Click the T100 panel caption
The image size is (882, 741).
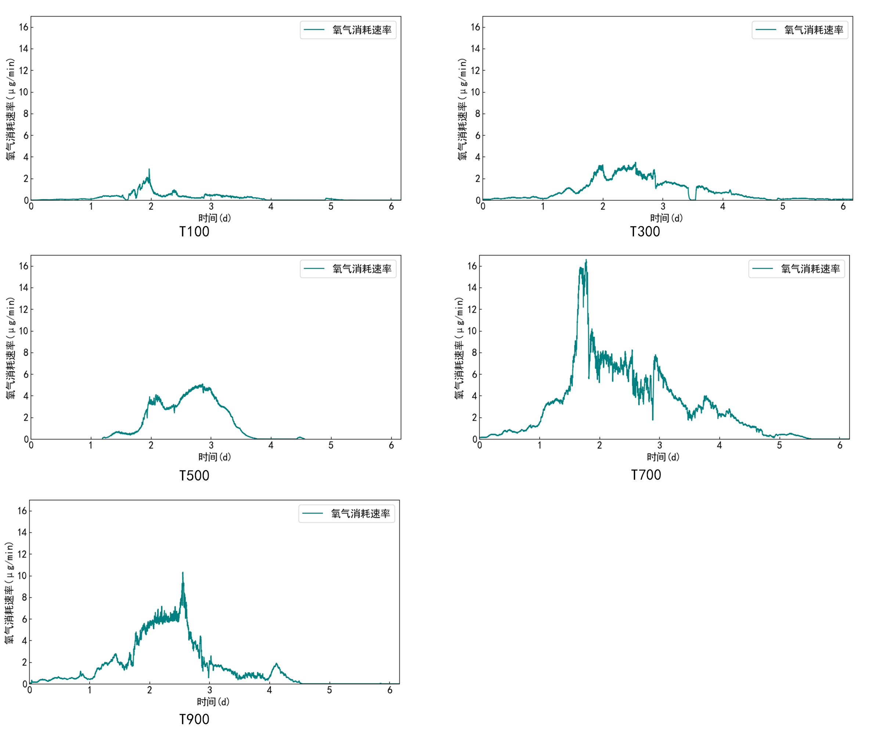click(x=194, y=232)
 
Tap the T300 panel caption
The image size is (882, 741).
click(x=645, y=232)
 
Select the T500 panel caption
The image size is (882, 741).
click(x=194, y=475)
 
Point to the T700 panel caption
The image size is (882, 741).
click(x=646, y=475)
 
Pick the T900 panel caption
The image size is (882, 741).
click(x=194, y=719)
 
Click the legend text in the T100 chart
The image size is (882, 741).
click(x=361, y=30)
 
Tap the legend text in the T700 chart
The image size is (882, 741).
click(x=810, y=269)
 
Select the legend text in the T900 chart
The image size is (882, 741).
click(x=360, y=513)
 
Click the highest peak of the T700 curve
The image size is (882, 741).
click(x=586, y=261)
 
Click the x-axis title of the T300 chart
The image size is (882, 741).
click(x=666, y=218)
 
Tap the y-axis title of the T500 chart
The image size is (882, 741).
click(x=10, y=348)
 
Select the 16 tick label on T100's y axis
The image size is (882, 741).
click(x=24, y=27)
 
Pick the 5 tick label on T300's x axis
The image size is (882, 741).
click(x=783, y=206)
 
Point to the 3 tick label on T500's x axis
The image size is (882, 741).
click(x=211, y=445)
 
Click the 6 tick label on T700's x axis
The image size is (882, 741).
click(x=840, y=445)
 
